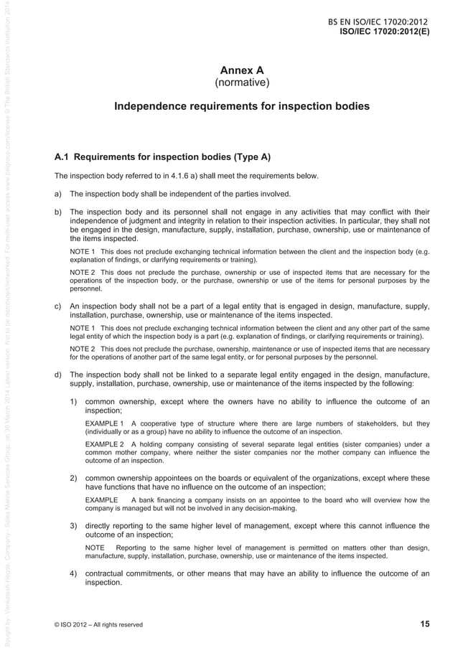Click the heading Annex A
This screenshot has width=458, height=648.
pos(242,70)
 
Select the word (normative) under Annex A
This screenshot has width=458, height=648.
pos(242,84)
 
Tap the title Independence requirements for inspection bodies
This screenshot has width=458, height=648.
pos(242,107)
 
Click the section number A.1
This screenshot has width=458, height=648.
pos(62,156)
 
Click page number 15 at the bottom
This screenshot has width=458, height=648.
pos(424,624)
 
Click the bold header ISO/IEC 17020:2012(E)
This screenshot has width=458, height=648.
pos(384,32)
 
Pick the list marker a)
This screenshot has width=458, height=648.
pos(59,194)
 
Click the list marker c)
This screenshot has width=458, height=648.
pos(59,307)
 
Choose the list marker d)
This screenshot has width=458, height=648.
pos(59,375)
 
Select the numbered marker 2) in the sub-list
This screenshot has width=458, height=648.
pos(74,478)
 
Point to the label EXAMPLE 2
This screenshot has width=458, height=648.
pos(104,444)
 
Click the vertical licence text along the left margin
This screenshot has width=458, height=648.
pos(6,323)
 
